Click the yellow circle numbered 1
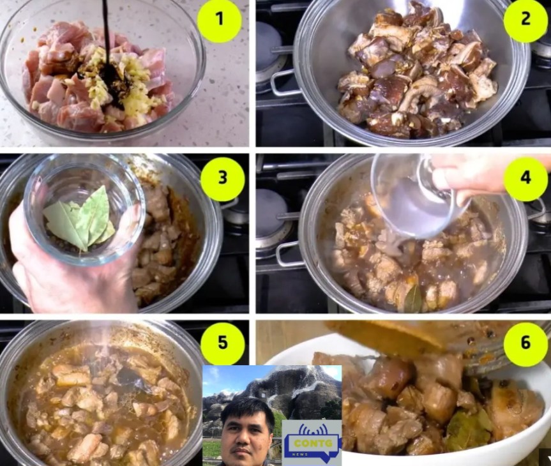tap(219, 19)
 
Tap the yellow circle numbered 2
tap(525, 20)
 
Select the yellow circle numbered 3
tap(222, 179)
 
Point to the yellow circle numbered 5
tap(222, 343)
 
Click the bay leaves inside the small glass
tap(81, 221)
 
